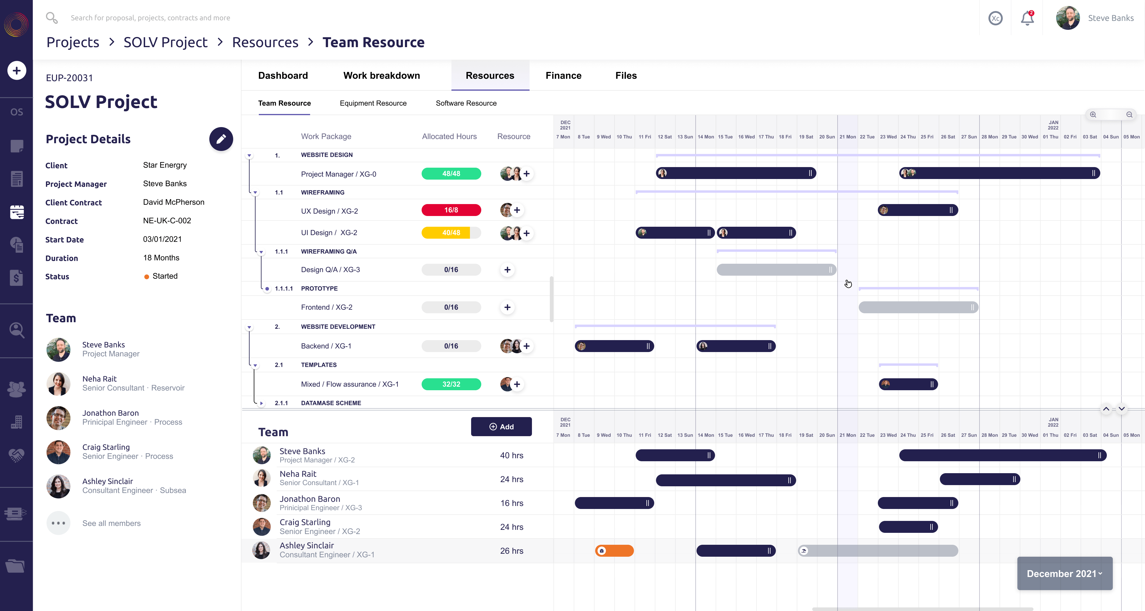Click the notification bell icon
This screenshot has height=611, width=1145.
point(1027,18)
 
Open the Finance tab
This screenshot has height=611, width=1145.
point(563,75)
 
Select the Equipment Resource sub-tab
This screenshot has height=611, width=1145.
point(373,103)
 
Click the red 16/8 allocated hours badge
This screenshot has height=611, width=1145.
point(451,210)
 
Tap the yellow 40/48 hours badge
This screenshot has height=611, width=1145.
point(451,233)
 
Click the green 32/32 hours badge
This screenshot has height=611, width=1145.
point(451,384)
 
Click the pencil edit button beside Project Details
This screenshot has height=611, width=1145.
point(221,139)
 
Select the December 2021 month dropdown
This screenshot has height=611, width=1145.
point(1064,574)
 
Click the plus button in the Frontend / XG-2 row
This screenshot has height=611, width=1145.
point(507,307)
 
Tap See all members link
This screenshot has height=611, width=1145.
point(111,523)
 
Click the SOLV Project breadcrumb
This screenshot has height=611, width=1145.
point(165,42)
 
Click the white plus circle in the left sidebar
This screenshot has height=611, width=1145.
point(16,70)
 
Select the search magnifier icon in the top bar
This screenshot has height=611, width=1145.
point(52,18)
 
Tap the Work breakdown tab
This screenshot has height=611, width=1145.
point(381,75)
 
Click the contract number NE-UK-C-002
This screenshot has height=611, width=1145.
point(167,220)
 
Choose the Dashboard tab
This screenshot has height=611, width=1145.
point(283,75)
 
